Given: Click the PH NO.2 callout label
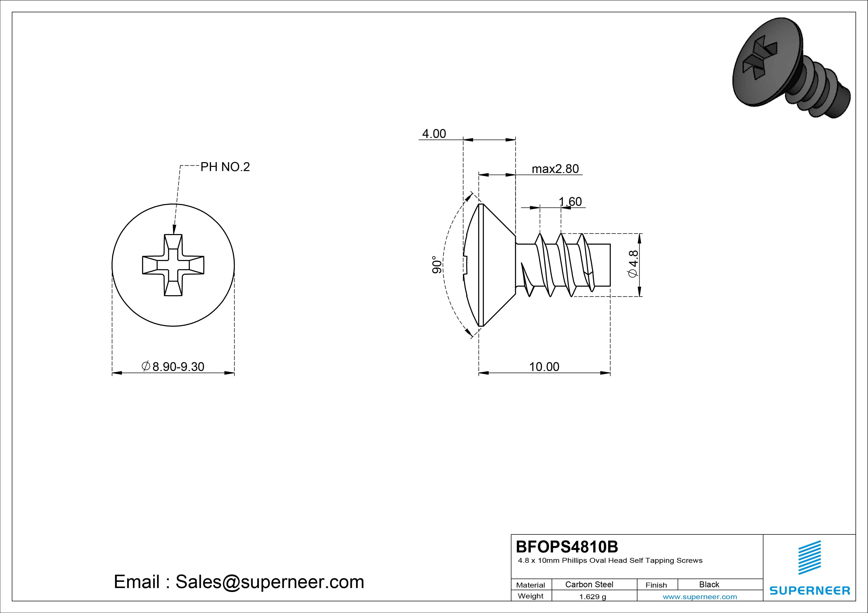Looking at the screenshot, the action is click(225, 167).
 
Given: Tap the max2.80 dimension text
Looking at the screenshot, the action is click(555, 169).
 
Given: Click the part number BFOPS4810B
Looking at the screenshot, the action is click(567, 547).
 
